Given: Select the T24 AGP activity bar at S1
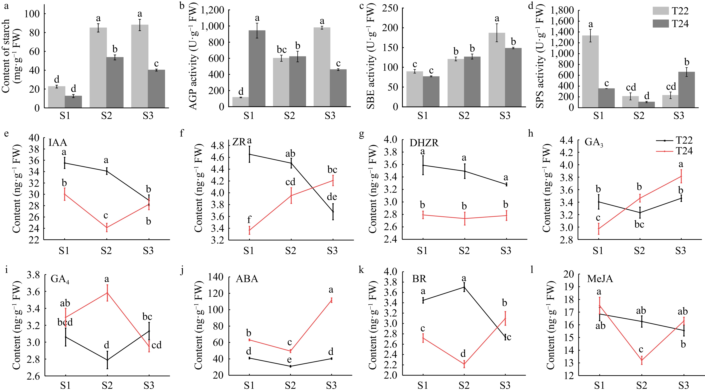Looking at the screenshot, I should point(257,68).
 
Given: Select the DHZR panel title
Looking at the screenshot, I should point(424,143).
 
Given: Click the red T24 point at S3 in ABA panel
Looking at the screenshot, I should point(331,300).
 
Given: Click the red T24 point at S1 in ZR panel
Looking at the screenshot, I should point(249,230).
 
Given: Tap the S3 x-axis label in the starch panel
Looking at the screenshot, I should point(148,116).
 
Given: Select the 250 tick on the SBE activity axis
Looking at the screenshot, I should point(391,8).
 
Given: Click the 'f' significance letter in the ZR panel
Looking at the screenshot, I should point(249,219).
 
